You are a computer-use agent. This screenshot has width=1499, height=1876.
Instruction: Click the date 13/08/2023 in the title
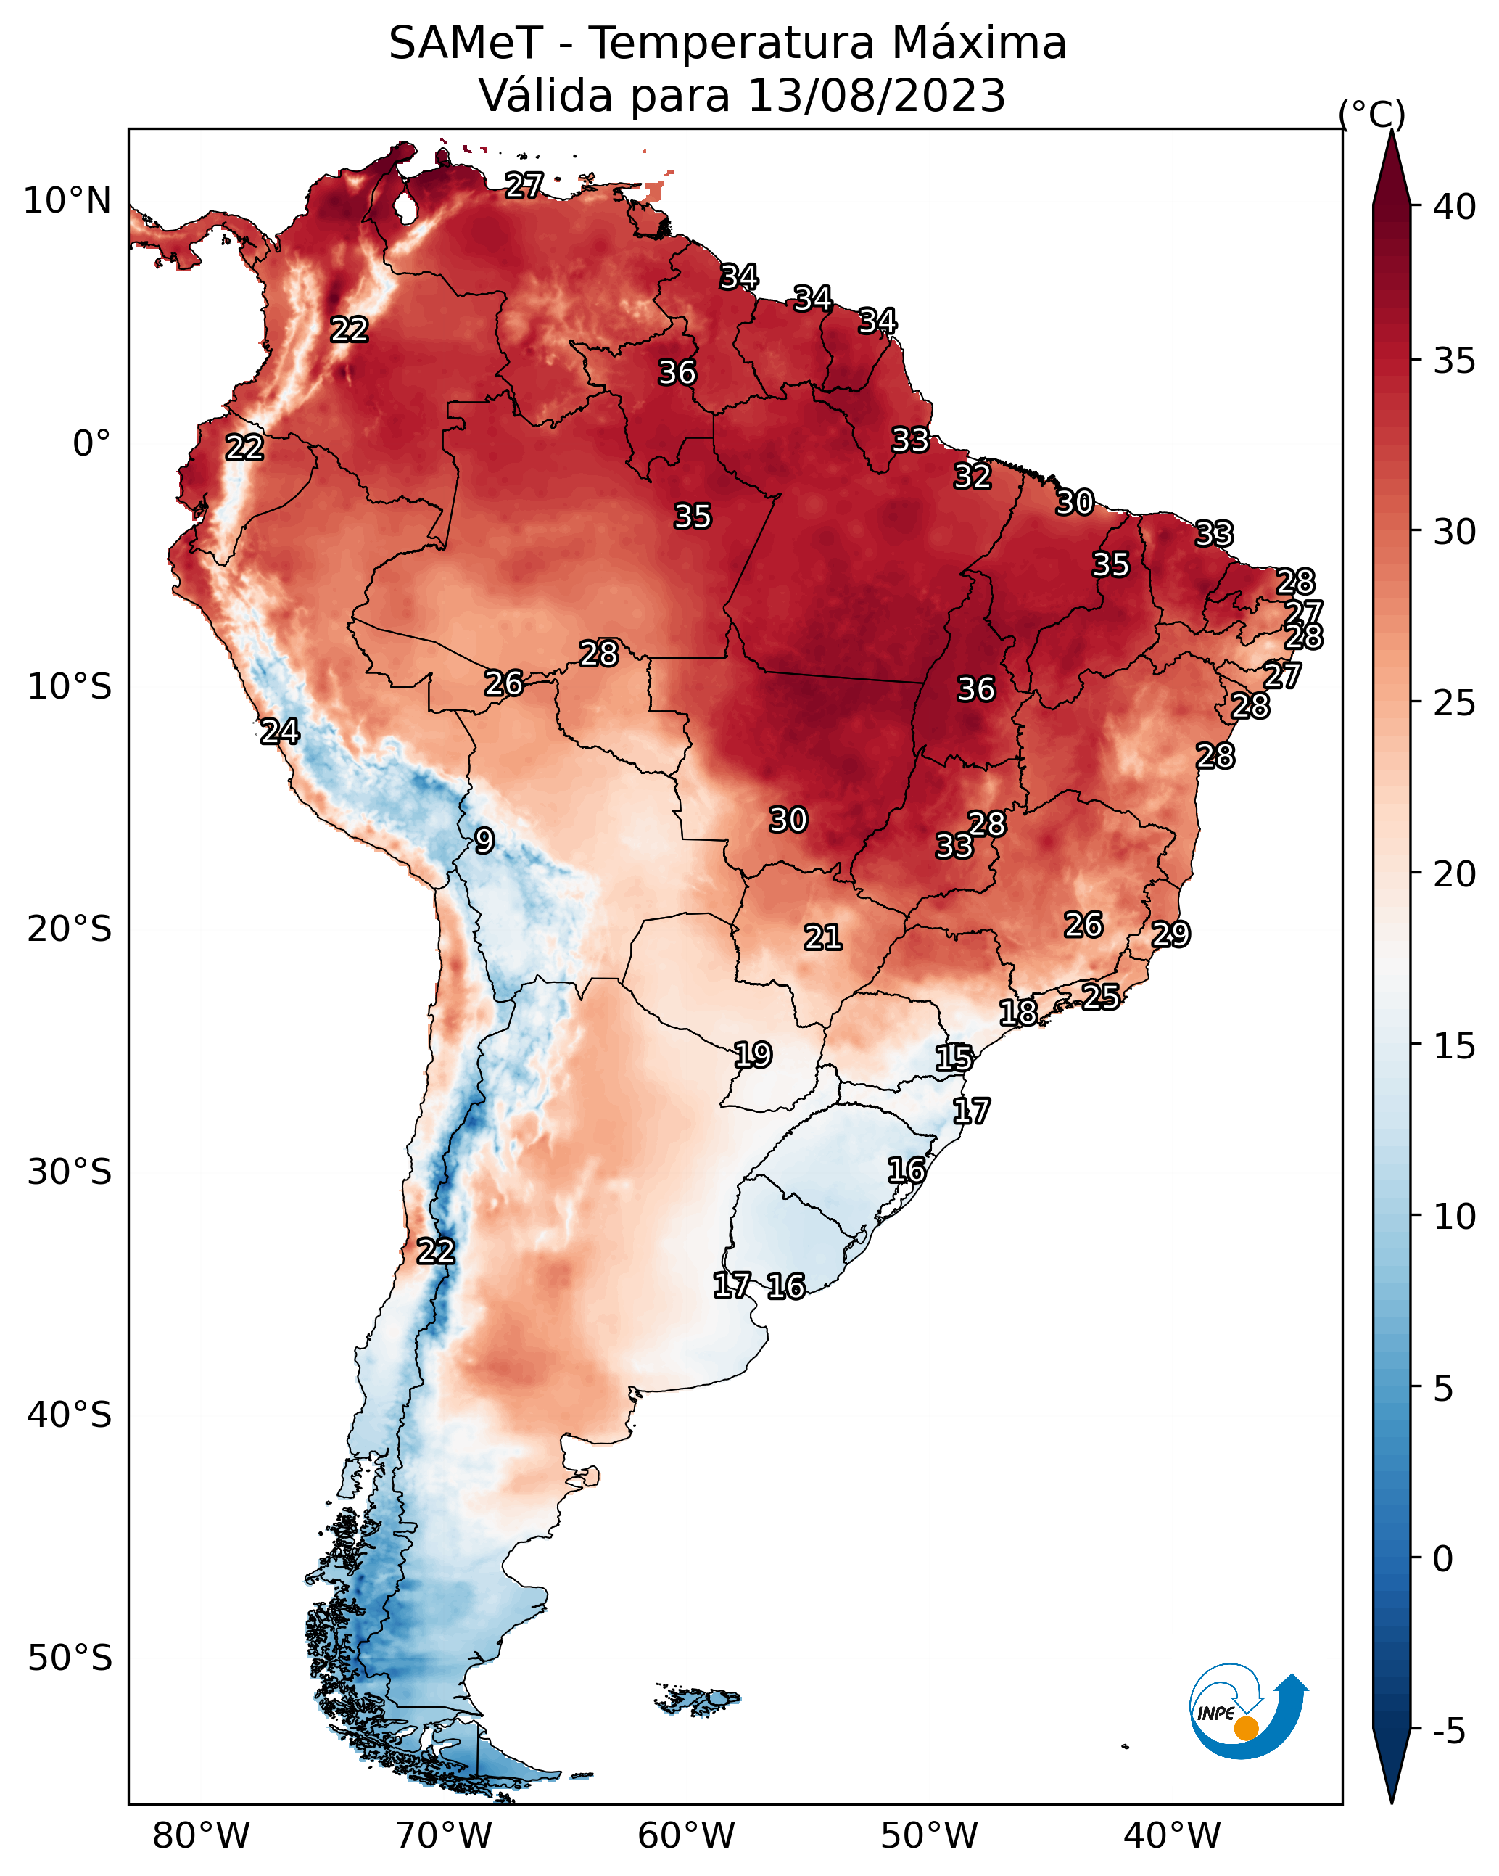[876, 96]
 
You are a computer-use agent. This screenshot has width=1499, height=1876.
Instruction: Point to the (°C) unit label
[1371, 114]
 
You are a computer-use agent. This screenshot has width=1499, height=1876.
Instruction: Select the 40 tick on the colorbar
[1455, 207]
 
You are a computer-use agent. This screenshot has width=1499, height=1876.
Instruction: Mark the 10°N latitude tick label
[67, 201]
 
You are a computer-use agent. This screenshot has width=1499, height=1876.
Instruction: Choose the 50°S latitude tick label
[70, 1658]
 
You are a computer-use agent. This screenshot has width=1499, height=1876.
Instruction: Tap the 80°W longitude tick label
[201, 1835]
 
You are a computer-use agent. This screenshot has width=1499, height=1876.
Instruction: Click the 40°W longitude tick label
[1172, 1835]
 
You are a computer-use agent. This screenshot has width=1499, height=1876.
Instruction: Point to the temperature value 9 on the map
[484, 841]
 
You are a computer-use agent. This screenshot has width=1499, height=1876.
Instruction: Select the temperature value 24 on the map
[280, 731]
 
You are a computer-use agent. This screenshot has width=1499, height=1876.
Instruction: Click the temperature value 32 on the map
[972, 476]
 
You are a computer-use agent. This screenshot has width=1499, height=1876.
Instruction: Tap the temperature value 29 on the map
[1170, 934]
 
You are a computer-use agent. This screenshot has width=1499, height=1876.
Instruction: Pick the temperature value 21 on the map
[822, 937]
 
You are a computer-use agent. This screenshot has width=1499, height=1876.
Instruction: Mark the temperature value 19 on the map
[753, 1055]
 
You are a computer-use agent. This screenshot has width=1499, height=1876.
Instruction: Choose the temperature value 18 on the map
[1018, 1012]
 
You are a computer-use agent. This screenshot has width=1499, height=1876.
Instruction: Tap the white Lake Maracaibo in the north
[405, 207]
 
